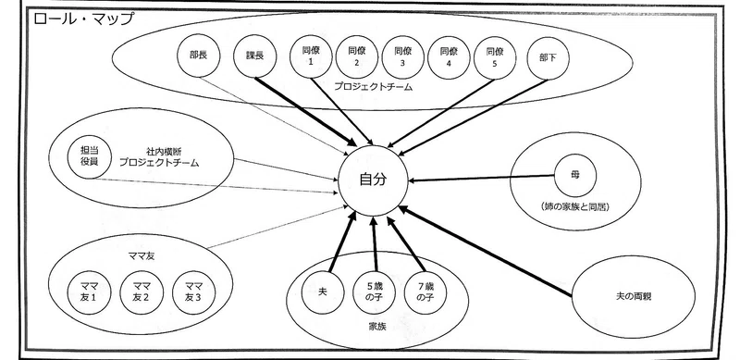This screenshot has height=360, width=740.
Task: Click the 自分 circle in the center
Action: pyautogui.click(x=373, y=180)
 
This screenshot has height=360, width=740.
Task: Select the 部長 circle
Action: pyautogui.click(x=198, y=56)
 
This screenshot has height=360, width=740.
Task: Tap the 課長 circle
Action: pyautogui.click(x=255, y=56)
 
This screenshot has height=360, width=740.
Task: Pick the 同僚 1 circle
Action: pyautogui.click(x=311, y=56)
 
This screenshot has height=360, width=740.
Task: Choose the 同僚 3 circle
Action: pyautogui.click(x=402, y=57)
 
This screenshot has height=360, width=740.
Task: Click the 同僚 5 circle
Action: pyautogui.click(x=494, y=57)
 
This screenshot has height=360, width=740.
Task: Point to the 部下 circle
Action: pyautogui.click(x=548, y=57)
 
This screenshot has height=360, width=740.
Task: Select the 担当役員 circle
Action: pyautogui.click(x=89, y=157)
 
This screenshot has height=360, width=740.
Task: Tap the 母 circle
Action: pyautogui.click(x=574, y=176)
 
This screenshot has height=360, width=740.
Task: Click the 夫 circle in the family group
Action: pyautogui.click(x=323, y=292)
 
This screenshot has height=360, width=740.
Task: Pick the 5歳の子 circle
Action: pyautogui.click(x=375, y=292)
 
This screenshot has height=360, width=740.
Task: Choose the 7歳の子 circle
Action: pyautogui.click(x=425, y=292)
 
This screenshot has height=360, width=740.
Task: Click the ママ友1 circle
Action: pyautogui.click(x=89, y=292)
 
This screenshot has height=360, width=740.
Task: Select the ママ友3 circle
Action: pyautogui.click(x=193, y=292)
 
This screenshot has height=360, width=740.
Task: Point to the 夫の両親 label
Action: pyautogui.click(x=634, y=297)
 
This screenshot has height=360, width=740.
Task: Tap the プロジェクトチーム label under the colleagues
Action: pyautogui.click(x=373, y=87)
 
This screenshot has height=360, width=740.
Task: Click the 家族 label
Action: pyautogui.click(x=377, y=326)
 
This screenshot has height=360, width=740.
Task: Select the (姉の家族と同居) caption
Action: pyautogui.click(x=575, y=206)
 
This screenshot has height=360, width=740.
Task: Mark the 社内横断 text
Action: pyautogui.click(x=164, y=152)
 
